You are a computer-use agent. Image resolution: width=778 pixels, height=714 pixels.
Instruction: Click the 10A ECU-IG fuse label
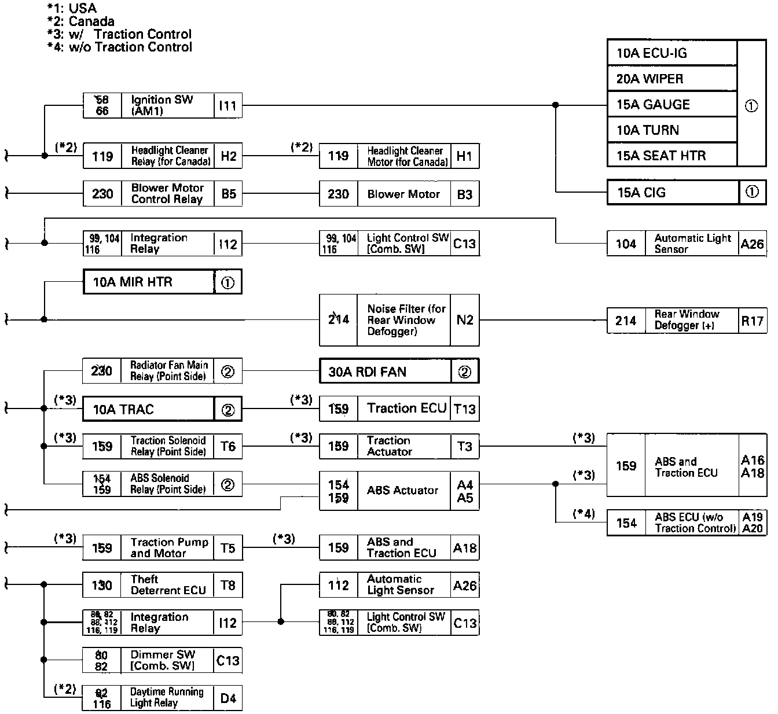(652, 54)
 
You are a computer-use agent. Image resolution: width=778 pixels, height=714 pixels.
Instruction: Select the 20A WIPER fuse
(649, 79)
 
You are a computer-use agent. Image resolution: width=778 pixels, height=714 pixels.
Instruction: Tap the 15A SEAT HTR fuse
(661, 156)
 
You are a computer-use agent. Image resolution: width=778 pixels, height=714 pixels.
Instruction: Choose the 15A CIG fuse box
(641, 193)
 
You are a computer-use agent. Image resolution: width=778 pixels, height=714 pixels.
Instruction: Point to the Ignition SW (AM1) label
(162, 105)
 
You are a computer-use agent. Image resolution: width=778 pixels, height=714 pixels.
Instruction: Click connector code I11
(228, 106)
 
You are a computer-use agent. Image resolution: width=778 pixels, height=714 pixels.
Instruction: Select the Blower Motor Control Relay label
(167, 194)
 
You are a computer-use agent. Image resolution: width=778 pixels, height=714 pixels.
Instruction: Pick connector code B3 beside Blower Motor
(464, 194)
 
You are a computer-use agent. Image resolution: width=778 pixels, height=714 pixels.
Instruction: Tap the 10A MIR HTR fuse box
(133, 282)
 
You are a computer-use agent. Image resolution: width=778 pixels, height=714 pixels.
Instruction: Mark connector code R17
(752, 321)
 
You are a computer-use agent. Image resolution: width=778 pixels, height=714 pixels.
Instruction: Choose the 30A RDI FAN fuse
(368, 372)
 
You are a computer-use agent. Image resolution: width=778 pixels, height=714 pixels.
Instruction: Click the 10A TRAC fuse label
(123, 410)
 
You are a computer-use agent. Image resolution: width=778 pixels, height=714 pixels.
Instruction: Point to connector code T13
(464, 409)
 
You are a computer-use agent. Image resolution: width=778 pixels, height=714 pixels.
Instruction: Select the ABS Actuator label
(403, 490)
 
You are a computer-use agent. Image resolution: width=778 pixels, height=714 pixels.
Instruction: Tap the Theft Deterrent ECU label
(168, 585)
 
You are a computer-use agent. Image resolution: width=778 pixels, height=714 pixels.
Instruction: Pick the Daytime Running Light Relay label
(167, 697)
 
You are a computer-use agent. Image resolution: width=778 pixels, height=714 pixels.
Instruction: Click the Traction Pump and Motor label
(169, 547)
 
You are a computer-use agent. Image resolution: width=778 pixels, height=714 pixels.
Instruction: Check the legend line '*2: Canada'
(81, 21)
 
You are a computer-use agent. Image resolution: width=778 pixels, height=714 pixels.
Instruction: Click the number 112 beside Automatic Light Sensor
(339, 585)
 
